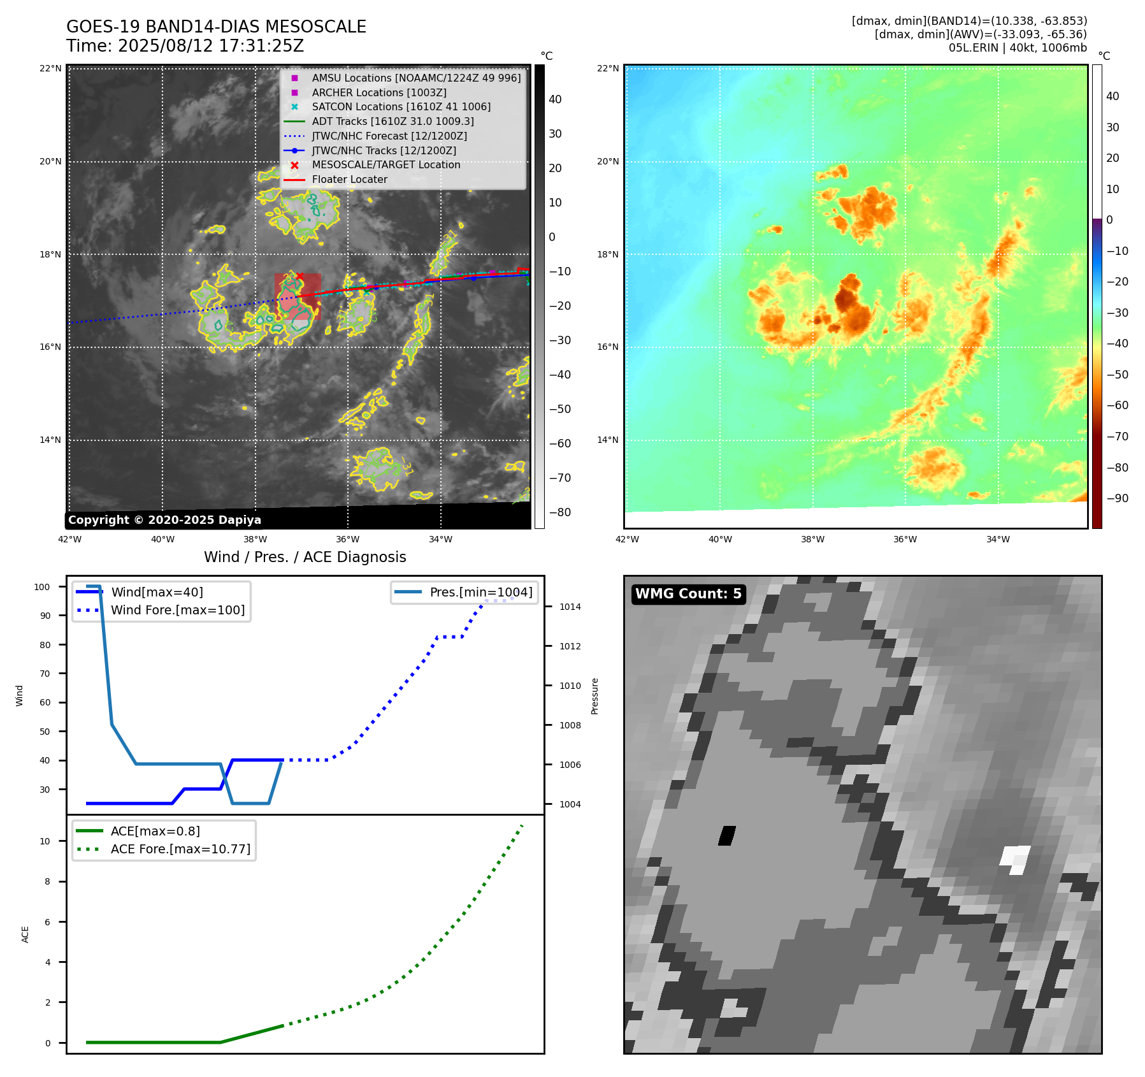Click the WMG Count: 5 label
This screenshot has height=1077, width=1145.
[688, 594]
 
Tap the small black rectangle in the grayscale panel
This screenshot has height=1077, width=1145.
[727, 835]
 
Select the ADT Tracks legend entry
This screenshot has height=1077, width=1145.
[392, 121]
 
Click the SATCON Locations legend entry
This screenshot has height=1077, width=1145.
[401, 106]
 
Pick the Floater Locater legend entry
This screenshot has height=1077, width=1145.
[349, 179]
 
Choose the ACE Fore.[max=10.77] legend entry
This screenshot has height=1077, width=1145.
[180, 849]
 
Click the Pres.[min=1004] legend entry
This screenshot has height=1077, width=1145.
[480, 592]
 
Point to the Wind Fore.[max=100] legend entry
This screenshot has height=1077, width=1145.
[178, 610]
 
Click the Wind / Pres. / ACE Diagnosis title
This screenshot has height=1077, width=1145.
[305, 557]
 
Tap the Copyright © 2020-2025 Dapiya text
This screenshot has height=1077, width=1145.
[164, 520]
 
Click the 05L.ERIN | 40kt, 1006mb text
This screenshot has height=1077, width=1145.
[1017, 48]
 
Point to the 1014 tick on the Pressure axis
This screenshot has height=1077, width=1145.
[570, 607]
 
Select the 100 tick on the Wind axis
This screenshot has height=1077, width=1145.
[42, 587]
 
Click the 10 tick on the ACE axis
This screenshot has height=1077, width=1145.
[45, 841]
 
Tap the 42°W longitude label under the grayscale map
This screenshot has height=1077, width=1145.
[69, 539]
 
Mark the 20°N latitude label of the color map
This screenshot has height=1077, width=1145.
[607, 161]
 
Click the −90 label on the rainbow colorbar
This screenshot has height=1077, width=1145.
[1117, 498]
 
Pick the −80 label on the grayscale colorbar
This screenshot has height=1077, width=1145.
[560, 512]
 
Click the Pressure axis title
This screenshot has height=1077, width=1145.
[594, 696]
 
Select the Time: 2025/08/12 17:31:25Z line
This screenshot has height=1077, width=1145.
[185, 46]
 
